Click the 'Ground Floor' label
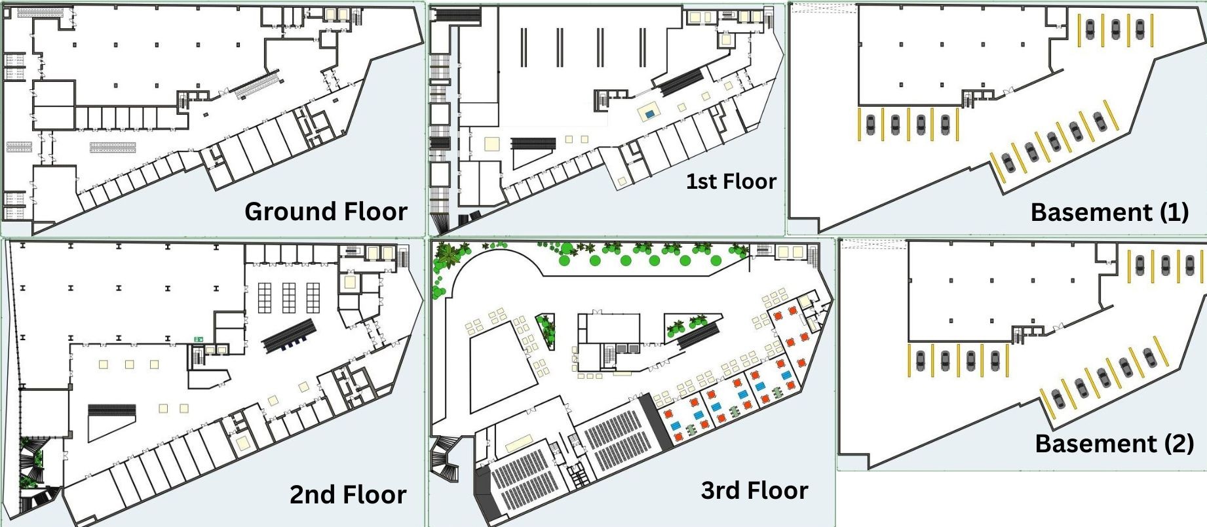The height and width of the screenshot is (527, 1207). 326,212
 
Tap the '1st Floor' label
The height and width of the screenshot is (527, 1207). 731,181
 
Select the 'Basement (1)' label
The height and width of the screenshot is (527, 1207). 1109,212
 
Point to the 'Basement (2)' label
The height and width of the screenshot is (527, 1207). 1114,444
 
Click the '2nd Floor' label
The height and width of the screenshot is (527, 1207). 348,494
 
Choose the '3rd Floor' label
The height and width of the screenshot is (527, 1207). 754,490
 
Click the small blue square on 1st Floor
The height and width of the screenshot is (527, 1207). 649,114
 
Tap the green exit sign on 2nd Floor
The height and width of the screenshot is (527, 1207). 198,339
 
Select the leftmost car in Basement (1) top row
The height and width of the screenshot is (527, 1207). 1090,29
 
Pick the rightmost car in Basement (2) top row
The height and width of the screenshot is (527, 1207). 1190,264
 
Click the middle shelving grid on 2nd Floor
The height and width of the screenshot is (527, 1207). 289,297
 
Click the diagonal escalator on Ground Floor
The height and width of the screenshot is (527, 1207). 259,86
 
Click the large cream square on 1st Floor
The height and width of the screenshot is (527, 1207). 492,144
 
